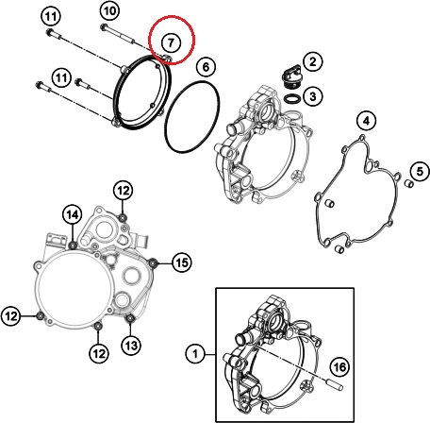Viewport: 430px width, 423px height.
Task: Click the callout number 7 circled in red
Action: pyautogui.click(x=171, y=42)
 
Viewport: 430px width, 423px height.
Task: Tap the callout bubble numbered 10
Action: pyautogui.click(x=109, y=11)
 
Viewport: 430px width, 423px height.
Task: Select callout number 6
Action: pyautogui.click(x=206, y=67)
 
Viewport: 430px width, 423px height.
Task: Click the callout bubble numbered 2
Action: pyautogui.click(x=313, y=61)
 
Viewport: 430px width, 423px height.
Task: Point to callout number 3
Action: pyautogui.click(x=313, y=96)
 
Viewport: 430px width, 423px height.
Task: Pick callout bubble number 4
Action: pyautogui.click(x=367, y=121)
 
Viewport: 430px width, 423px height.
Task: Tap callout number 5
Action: pyautogui.click(x=420, y=172)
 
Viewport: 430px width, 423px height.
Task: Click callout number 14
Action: pyautogui.click(x=73, y=215)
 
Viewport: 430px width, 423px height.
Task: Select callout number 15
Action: pyautogui.click(x=182, y=262)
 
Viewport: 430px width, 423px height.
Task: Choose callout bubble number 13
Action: pyautogui.click(x=131, y=346)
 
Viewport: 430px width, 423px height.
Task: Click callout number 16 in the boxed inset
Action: pyautogui.click(x=339, y=367)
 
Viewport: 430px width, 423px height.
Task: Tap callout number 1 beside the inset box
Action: pyautogui.click(x=195, y=353)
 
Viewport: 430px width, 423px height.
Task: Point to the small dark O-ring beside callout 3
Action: pyautogui.click(x=292, y=98)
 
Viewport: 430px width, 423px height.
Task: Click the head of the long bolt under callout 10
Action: pyautogui.click(x=104, y=27)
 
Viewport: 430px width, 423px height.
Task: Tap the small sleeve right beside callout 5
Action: pyautogui.click(x=408, y=183)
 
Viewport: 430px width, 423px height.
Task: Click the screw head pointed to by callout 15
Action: pyautogui.click(x=153, y=262)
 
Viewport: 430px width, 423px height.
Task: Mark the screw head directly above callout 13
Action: pyautogui.click(x=130, y=318)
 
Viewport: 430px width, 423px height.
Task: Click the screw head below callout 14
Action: pyautogui.click(x=73, y=245)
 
